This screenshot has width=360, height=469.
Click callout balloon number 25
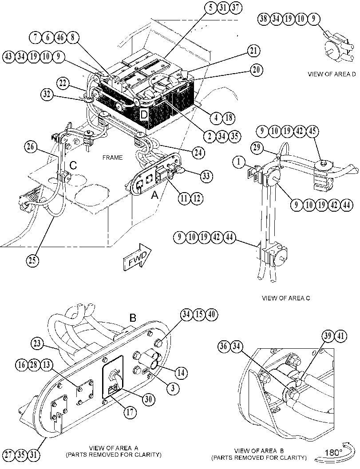tap(32, 260)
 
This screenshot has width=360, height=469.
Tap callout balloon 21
tap(253, 51)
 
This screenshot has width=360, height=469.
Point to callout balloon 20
tap(256, 70)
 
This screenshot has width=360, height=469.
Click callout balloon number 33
tap(206, 176)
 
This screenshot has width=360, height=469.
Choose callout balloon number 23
tap(37, 343)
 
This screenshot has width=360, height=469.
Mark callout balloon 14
tap(181, 373)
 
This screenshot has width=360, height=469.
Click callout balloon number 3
tap(173, 388)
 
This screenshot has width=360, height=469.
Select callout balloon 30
tap(149, 399)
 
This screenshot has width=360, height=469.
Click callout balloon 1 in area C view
tap(239, 162)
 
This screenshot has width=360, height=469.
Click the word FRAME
tap(112, 158)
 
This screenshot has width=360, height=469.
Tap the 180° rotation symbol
tap(335, 452)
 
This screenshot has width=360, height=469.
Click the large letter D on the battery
tap(144, 114)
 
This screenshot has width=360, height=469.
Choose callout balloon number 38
tap(264, 19)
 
